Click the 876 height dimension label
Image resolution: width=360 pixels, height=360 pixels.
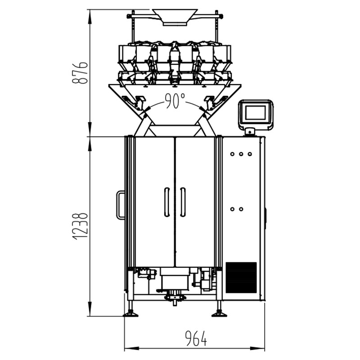(80, 72)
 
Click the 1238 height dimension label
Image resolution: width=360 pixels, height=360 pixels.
(80, 227)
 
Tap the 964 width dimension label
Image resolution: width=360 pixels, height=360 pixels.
(196, 338)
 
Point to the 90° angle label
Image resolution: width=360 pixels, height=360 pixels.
(175, 100)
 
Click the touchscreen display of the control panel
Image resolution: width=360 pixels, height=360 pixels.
(255, 112)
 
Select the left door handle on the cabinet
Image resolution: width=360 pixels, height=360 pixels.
(167, 202)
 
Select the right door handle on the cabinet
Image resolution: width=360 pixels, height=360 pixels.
(183, 202)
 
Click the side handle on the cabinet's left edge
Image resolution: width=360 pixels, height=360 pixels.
(120, 205)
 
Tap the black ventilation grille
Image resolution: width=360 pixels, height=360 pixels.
(241, 278)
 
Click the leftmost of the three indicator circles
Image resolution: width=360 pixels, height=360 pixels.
(232, 154)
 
